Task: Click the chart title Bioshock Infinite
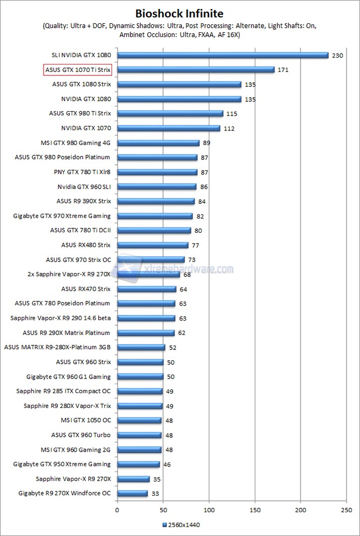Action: click(180, 13)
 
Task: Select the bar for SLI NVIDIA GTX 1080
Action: click(223, 55)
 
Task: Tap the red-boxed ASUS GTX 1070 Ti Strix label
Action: click(78, 69)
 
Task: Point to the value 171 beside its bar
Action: click(283, 70)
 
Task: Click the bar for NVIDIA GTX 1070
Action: click(169, 128)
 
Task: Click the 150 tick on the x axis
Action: click(255, 509)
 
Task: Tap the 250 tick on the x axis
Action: click(347, 509)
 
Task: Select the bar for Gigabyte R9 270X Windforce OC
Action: click(132, 493)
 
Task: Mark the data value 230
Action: click(337, 56)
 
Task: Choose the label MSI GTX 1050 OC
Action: click(86, 420)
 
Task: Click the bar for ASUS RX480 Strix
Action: click(153, 245)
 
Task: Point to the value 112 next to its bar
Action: click(229, 129)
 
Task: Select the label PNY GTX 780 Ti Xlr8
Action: click(82, 172)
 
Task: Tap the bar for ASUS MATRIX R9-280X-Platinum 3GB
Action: click(141, 347)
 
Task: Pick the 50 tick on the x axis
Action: click(163, 509)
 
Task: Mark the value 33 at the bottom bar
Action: click(156, 494)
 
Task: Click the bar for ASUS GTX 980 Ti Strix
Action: click(170, 114)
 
